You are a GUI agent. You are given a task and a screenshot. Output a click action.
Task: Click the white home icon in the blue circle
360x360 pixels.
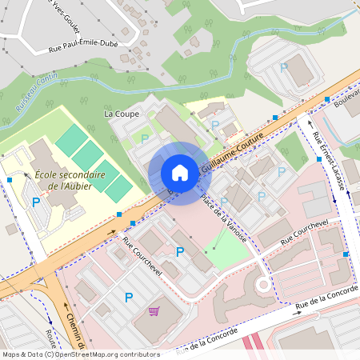180,173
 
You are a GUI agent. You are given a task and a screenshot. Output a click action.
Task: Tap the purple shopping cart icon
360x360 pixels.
154,311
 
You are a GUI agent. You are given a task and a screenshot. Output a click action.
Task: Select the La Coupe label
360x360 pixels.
122,114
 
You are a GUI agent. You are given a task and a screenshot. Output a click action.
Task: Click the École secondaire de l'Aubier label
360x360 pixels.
70,180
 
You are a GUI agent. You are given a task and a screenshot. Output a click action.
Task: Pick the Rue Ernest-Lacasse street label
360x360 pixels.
329,159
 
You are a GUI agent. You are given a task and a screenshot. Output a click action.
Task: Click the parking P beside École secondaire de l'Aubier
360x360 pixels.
36,202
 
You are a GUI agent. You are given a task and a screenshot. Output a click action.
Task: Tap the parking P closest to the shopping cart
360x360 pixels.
129,298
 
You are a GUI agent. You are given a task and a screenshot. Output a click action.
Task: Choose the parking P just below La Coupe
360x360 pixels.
145,138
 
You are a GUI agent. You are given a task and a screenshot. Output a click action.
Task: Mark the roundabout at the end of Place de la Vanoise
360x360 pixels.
262,284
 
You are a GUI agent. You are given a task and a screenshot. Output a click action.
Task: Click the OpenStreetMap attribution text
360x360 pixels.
81,354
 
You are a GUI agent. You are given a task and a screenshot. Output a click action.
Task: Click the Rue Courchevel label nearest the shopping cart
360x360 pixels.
142,256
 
